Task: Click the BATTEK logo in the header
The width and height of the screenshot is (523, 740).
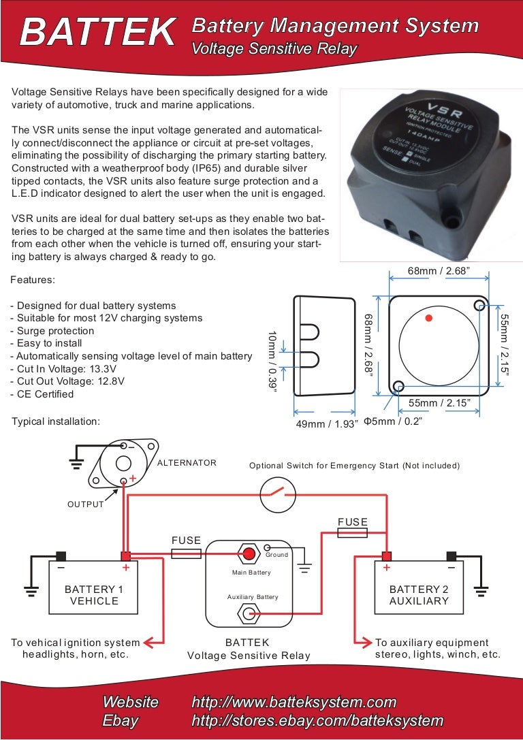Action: point(97,31)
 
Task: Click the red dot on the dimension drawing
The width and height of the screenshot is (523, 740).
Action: point(428,318)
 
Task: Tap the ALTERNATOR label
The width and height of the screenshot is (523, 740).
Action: point(187,463)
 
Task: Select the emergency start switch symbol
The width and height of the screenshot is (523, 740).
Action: point(278,494)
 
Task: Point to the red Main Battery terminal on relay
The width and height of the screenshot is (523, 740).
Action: point(248,552)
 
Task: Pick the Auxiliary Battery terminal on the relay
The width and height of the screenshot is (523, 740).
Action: point(246,615)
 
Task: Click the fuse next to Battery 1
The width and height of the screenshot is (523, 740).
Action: point(186,554)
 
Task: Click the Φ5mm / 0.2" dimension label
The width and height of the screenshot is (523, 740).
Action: point(394,421)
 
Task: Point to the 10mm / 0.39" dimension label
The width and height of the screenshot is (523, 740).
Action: point(272,360)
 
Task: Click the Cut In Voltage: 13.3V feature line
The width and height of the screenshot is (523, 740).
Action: point(70,369)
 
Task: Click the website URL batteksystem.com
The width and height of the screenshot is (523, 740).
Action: point(294,702)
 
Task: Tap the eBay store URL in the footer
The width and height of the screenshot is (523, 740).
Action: point(317,720)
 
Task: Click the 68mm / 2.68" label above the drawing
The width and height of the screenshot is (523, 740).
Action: point(439,271)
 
